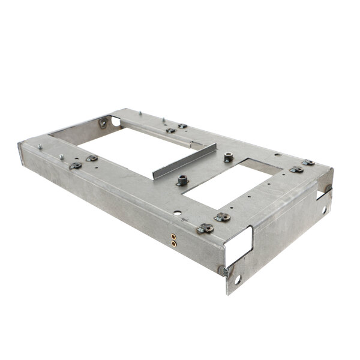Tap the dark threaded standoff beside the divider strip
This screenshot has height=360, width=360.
[x=182, y=180]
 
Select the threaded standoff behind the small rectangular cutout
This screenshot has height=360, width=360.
[x=229, y=157]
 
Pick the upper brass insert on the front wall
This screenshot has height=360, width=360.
[x=173, y=236]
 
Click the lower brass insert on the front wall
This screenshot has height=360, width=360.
[x=173, y=244]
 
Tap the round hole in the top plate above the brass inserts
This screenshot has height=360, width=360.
[x=177, y=212]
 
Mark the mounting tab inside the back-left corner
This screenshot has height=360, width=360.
[x=103, y=123]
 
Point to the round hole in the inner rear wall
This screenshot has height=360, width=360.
[x=115, y=121]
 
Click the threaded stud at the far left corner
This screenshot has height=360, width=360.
[x=40, y=146]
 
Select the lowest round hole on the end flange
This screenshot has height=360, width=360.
[x=237, y=280]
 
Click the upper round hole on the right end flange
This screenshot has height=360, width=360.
[x=324, y=210]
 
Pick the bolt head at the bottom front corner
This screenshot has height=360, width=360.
[x=224, y=271]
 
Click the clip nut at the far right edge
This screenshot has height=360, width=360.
[x=308, y=162]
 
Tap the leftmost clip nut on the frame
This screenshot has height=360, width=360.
[x=75, y=165]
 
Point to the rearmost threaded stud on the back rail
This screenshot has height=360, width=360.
[x=139, y=112]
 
